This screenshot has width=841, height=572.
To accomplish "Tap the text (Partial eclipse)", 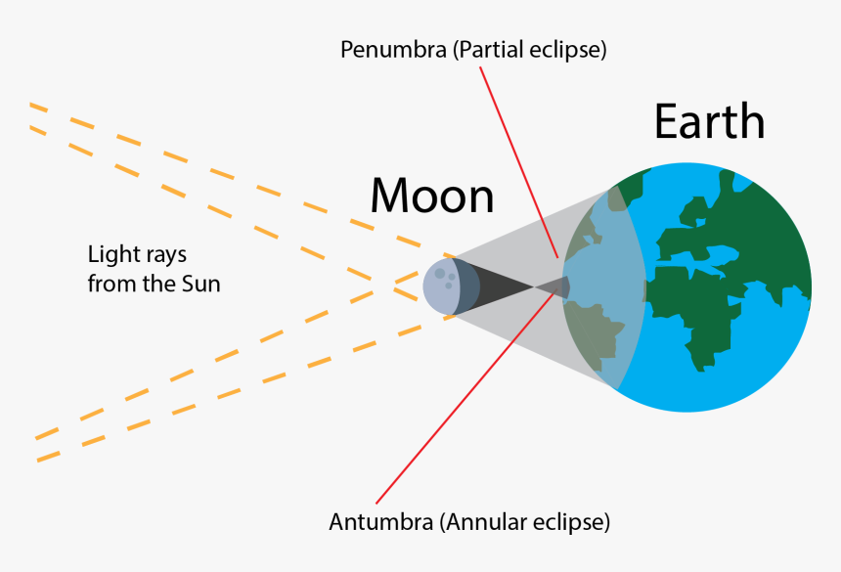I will (529, 50).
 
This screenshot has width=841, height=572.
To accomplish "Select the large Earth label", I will (709, 123).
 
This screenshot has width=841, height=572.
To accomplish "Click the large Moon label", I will (431, 196).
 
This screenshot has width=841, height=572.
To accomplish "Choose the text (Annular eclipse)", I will (526, 522).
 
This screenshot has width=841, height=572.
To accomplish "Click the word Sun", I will (201, 285).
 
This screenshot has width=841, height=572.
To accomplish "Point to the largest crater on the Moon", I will (440, 273).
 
